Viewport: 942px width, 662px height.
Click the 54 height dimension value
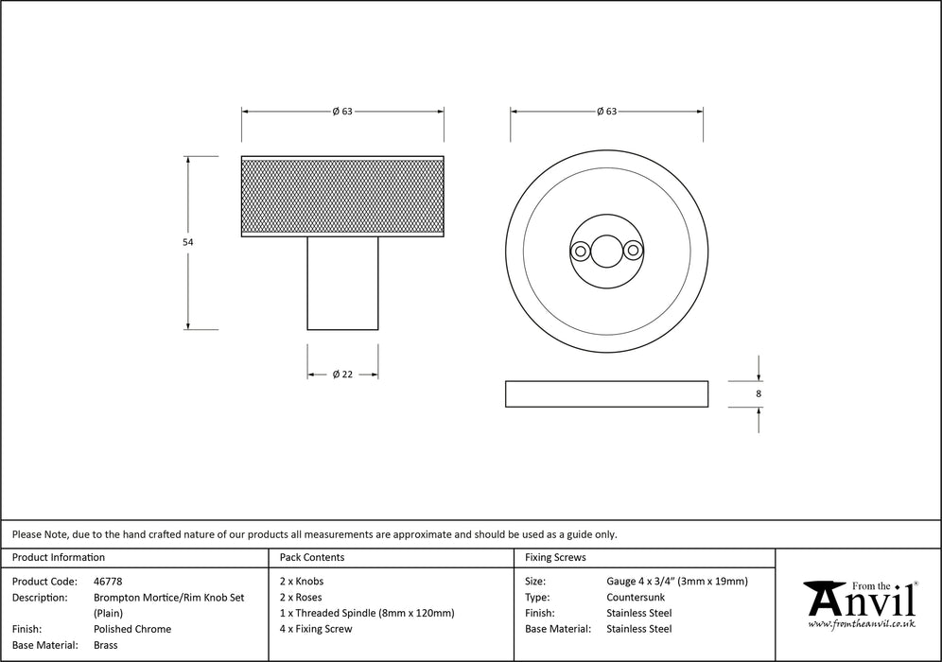pos(187,243)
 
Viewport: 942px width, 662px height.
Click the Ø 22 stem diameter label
pos(342,375)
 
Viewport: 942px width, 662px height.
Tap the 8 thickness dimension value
pos(759,393)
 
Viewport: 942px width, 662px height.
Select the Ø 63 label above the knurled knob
pos(342,111)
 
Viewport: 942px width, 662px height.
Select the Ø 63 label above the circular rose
pos(606,111)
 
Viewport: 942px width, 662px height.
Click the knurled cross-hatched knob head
pos(342,197)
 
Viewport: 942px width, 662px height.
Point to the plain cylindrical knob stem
pos(342,283)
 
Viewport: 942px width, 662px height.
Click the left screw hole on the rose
pos(579,251)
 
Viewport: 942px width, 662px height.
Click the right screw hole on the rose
pos(633,251)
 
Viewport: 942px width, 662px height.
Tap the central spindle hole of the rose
pos(605,251)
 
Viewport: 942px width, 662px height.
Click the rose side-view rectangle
pos(606,394)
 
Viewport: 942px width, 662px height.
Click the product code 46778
pos(108,582)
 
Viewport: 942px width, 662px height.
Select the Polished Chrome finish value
pos(132,629)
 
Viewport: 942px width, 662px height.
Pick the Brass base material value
pos(106,645)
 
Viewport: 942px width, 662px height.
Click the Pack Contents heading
pos(312,558)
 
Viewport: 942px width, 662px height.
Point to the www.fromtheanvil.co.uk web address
pos(861,625)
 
